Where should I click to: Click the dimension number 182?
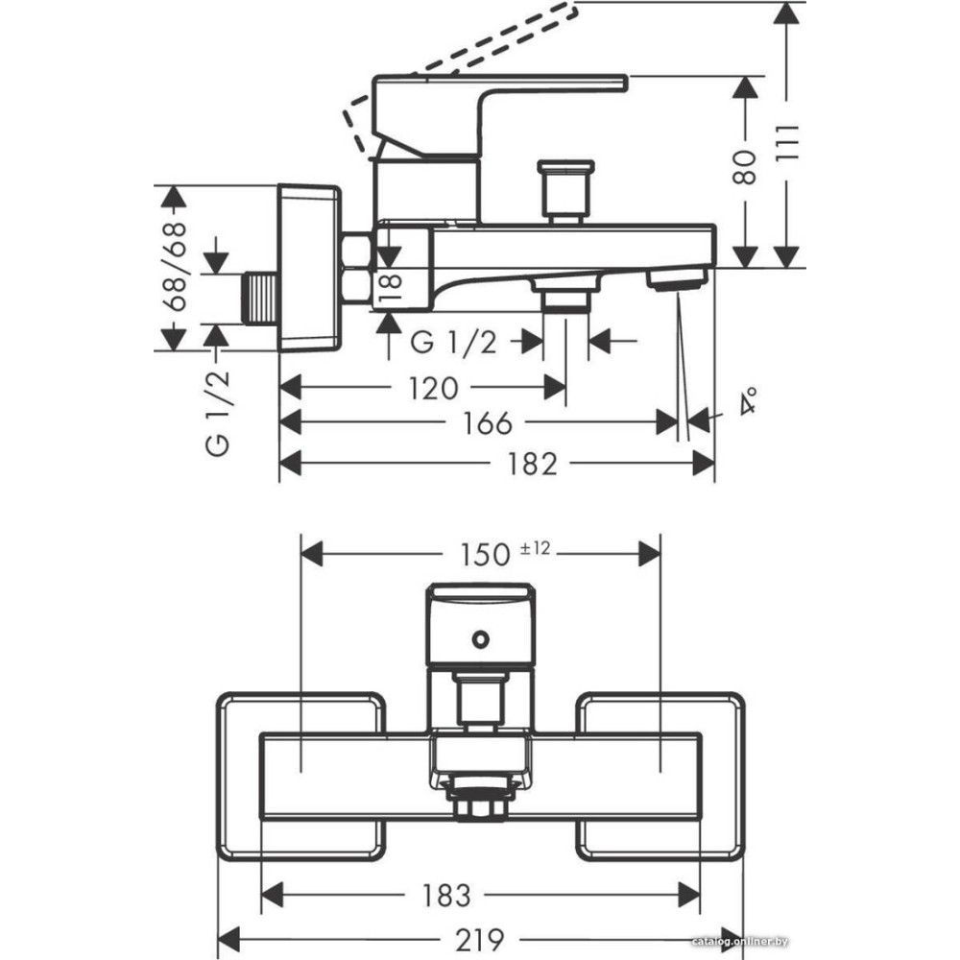click(534, 465)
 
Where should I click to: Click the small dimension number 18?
click(387, 286)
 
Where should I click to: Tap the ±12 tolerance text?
click(536, 548)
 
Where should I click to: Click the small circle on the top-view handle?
click(478, 636)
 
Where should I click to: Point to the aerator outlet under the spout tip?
click(677, 279)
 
